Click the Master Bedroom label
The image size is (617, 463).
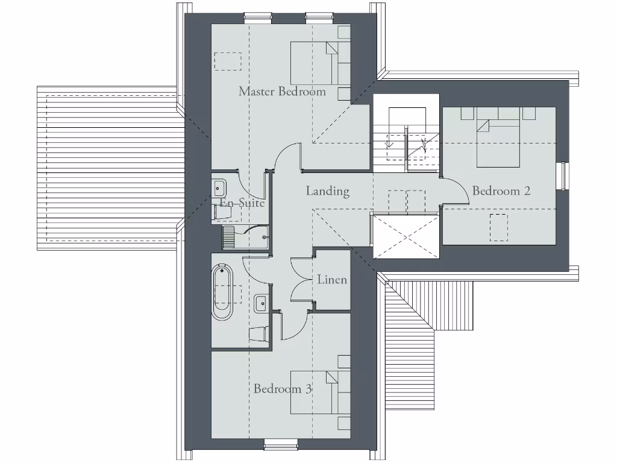coord(282,92)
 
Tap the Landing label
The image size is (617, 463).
coord(328,191)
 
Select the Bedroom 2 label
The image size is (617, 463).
coord(501,191)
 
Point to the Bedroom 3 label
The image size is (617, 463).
coord(283,389)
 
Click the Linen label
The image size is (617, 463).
coord(332,280)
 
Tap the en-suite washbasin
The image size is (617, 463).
coord(218,187)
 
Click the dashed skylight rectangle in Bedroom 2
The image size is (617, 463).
coord(498,227)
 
